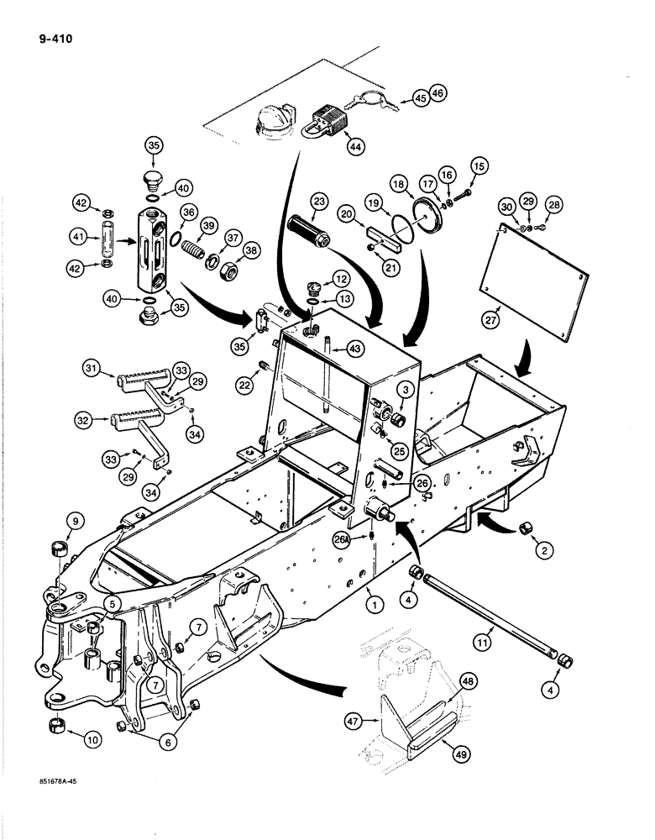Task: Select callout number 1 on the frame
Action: pyautogui.click(x=371, y=602)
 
